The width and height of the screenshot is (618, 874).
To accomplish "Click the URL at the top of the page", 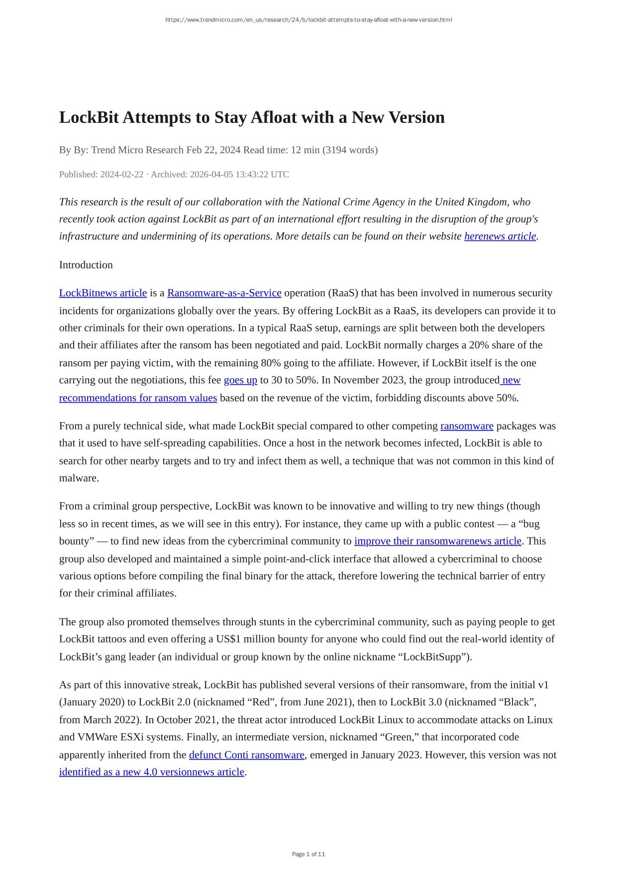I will (309, 20).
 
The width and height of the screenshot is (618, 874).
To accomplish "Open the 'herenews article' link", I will (500, 236).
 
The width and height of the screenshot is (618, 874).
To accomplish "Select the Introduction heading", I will (86, 265).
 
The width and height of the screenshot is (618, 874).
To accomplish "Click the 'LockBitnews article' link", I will (103, 293).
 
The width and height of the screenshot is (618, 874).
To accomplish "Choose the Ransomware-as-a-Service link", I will (224, 293).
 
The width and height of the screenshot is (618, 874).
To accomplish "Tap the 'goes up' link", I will (240, 380).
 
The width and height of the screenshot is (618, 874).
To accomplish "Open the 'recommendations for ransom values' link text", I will (138, 398).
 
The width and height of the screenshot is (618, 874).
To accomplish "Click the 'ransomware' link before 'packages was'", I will (467, 426).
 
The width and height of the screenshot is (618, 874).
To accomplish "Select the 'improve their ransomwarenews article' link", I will (437, 541).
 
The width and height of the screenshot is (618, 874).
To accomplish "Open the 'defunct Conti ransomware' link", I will (246, 755).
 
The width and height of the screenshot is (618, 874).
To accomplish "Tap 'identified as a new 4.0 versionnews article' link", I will (152, 772).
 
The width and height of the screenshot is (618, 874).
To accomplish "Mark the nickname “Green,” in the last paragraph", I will (401, 737).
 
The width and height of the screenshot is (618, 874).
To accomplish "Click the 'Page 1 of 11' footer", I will (309, 854).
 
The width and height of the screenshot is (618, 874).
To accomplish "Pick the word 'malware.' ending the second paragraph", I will (79, 478).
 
